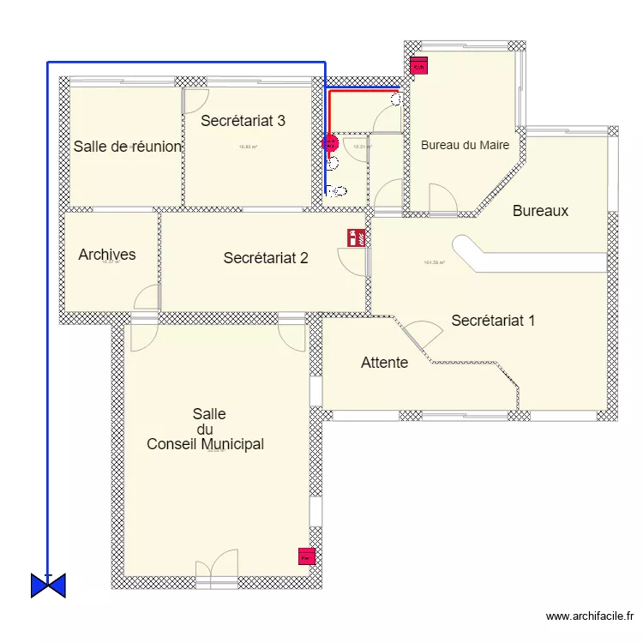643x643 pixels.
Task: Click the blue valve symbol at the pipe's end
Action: pyautogui.click(x=48, y=585)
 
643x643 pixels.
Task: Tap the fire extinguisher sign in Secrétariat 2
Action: pyautogui.click(x=352, y=237)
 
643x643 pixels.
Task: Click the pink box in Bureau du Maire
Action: pyautogui.click(x=419, y=65)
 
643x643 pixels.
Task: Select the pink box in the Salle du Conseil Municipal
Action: pyautogui.click(x=305, y=556)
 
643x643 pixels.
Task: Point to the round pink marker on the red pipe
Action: pyautogui.click(x=328, y=145)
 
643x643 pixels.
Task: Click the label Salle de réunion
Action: pyautogui.click(x=127, y=147)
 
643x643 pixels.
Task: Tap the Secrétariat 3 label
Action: pyautogui.click(x=243, y=121)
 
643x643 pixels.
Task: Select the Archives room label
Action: pyautogui.click(x=107, y=255)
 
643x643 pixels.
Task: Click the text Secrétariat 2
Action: pyautogui.click(x=266, y=257)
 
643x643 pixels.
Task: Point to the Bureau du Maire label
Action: pyautogui.click(x=465, y=145)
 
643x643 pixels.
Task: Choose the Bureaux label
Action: pyautogui.click(x=540, y=210)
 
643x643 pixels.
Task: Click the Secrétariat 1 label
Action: pyautogui.click(x=493, y=321)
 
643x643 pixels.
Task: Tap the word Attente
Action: pyautogui.click(x=384, y=363)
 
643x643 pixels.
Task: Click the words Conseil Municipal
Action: pyautogui.click(x=205, y=445)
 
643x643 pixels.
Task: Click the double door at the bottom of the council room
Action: pyautogui.click(x=216, y=569)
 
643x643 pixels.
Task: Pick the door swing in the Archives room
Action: pyautogui.click(x=147, y=297)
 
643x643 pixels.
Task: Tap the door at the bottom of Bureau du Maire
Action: pyautogui.click(x=443, y=198)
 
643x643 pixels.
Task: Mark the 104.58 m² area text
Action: pyautogui.click(x=435, y=262)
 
